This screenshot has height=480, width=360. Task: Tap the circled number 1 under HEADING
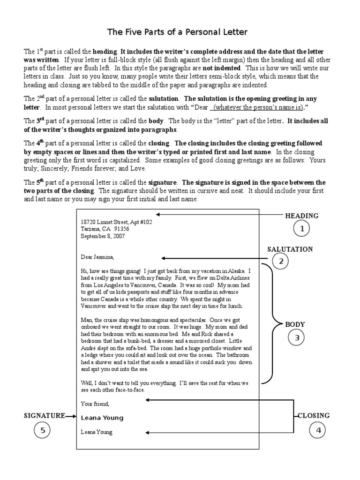point(302,229)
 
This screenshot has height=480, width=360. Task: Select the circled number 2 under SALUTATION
point(281,262)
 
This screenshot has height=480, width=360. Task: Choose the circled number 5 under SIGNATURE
point(42,430)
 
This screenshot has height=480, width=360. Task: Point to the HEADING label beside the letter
point(301,216)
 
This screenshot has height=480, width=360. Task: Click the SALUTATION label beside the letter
point(290,249)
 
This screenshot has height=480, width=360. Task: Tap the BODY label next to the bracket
point(295,324)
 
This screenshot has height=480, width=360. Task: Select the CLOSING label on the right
point(314,415)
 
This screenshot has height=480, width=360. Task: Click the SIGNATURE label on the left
point(44,415)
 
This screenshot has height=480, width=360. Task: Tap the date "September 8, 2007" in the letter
point(103,236)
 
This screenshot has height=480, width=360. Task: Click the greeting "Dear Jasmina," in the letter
point(97,257)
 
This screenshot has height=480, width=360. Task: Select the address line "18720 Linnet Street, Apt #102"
point(116,222)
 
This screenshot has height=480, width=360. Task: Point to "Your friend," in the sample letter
point(95,403)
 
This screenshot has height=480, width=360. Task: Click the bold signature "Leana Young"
point(102,418)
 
